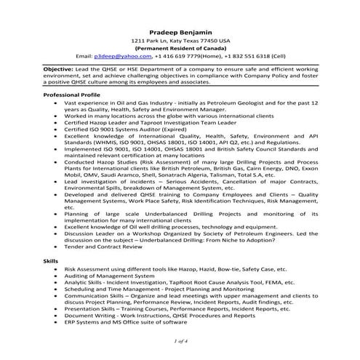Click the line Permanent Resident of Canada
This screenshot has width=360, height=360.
point(180,48)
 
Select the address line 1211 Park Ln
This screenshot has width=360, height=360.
point(180,41)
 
